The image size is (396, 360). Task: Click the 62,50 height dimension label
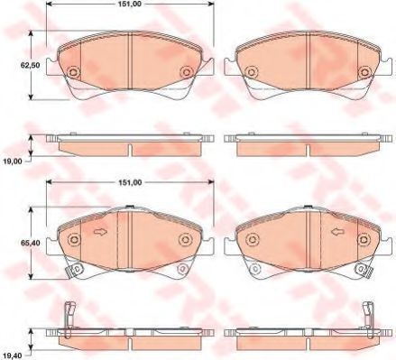tap(29, 65)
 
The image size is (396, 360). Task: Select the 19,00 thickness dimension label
tap(12, 162)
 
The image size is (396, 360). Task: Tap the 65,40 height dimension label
tap(30, 243)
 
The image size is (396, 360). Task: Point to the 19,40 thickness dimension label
tap(14, 356)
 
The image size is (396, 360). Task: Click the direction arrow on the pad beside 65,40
tap(100, 232)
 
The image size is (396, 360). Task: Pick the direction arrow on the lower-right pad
tap(337, 232)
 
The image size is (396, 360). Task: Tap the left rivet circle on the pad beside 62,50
tap(73, 72)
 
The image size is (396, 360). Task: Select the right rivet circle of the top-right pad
tap(364, 72)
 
